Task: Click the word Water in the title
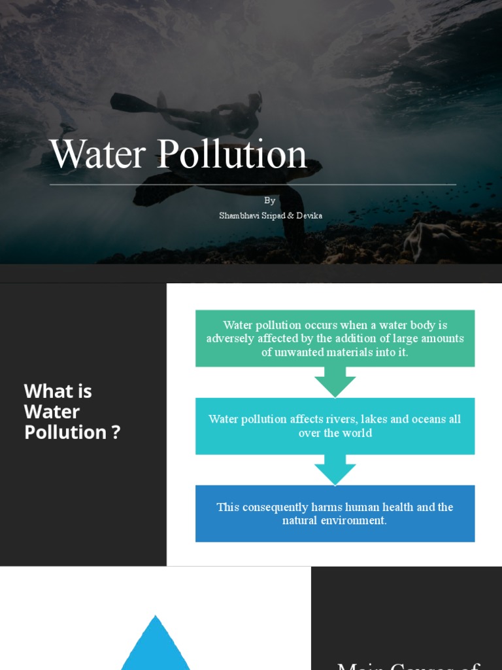pos(98,154)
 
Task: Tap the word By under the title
pos(270,200)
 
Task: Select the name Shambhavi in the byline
pos(239,215)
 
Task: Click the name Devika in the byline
pos(309,215)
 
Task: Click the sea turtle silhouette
pos(196,186)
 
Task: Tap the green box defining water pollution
pos(335,338)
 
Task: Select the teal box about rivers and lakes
pos(335,426)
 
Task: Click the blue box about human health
pos(335,514)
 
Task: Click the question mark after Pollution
pos(116,432)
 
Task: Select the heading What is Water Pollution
pos(72,412)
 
